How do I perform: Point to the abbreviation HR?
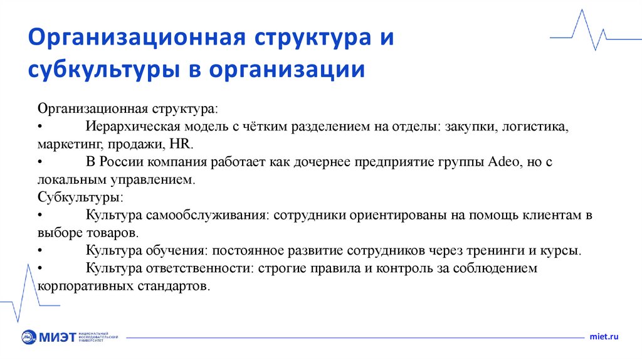[x=180, y=144]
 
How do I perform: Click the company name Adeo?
[x=500, y=162]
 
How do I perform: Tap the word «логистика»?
[x=535, y=126]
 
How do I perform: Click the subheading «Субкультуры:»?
[x=80, y=197]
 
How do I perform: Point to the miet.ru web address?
[x=604, y=337]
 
